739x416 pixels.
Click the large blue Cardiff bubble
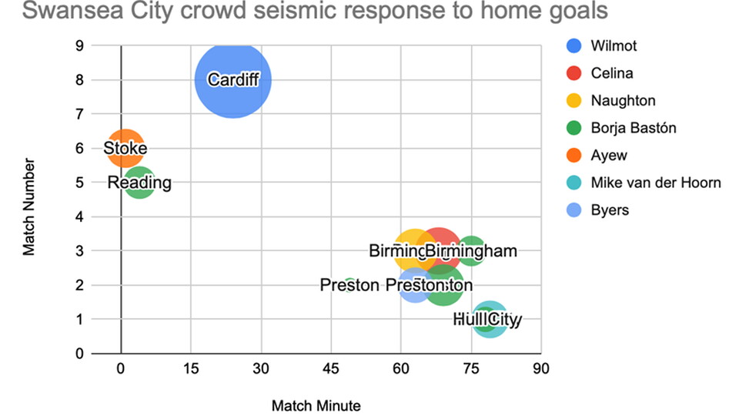(x=232, y=79)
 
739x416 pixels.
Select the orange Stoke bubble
(x=125, y=148)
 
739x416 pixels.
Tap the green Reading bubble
(x=139, y=183)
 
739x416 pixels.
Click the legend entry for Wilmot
(x=614, y=45)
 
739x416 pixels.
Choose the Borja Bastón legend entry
(x=633, y=128)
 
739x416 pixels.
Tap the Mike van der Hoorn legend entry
(x=655, y=183)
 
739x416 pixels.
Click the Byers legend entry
(x=610, y=210)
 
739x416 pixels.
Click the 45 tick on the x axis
(x=330, y=368)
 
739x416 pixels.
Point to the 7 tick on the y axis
(x=79, y=114)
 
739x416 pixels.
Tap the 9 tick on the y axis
(x=79, y=45)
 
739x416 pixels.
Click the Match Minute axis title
(x=316, y=404)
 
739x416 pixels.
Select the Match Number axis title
(x=28, y=206)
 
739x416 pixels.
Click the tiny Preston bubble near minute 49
(x=349, y=285)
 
